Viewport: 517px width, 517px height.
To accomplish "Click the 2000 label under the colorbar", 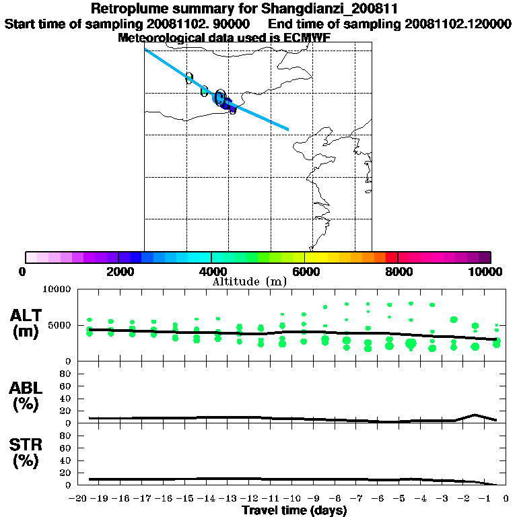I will [x=118, y=271].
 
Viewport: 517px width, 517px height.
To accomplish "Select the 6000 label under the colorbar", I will [x=305, y=271].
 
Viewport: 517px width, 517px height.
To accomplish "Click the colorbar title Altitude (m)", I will [x=249, y=281].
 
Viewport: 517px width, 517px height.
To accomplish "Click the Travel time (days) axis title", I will [x=294, y=511].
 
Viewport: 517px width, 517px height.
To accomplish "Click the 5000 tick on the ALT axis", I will [x=60, y=325].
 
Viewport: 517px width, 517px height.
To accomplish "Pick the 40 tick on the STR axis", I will [x=67, y=460].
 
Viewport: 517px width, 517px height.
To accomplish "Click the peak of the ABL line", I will [x=475, y=415].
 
